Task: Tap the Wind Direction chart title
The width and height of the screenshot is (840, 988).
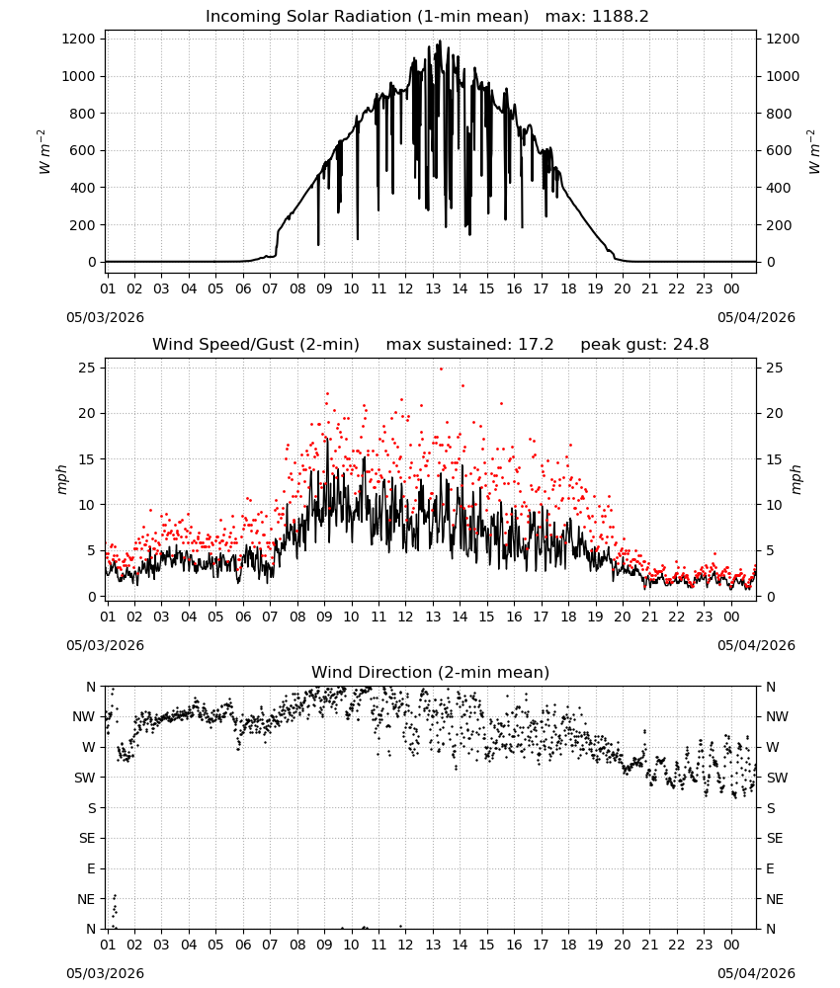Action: (x=431, y=672)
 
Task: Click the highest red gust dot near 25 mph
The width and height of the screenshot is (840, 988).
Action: (x=441, y=369)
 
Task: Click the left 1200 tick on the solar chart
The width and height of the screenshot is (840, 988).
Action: (x=78, y=40)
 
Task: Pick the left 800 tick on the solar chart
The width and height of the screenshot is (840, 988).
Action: (x=83, y=114)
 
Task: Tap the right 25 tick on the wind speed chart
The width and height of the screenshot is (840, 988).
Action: (x=775, y=368)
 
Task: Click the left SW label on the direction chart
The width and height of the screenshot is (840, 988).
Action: (x=85, y=778)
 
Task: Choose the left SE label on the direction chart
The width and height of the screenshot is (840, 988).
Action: (x=87, y=838)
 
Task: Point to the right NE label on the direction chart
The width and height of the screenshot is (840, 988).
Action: (x=775, y=899)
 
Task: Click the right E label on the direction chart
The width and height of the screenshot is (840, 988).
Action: (x=770, y=868)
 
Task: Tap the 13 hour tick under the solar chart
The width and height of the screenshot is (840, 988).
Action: (x=433, y=288)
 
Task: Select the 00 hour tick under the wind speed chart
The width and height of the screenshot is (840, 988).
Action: (x=731, y=617)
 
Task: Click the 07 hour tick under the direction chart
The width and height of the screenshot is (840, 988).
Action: (x=270, y=945)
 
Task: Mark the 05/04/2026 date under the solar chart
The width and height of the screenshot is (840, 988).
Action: (x=756, y=317)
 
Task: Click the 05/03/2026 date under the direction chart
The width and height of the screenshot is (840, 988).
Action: (x=105, y=973)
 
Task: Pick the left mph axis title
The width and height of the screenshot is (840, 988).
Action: (x=61, y=479)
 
